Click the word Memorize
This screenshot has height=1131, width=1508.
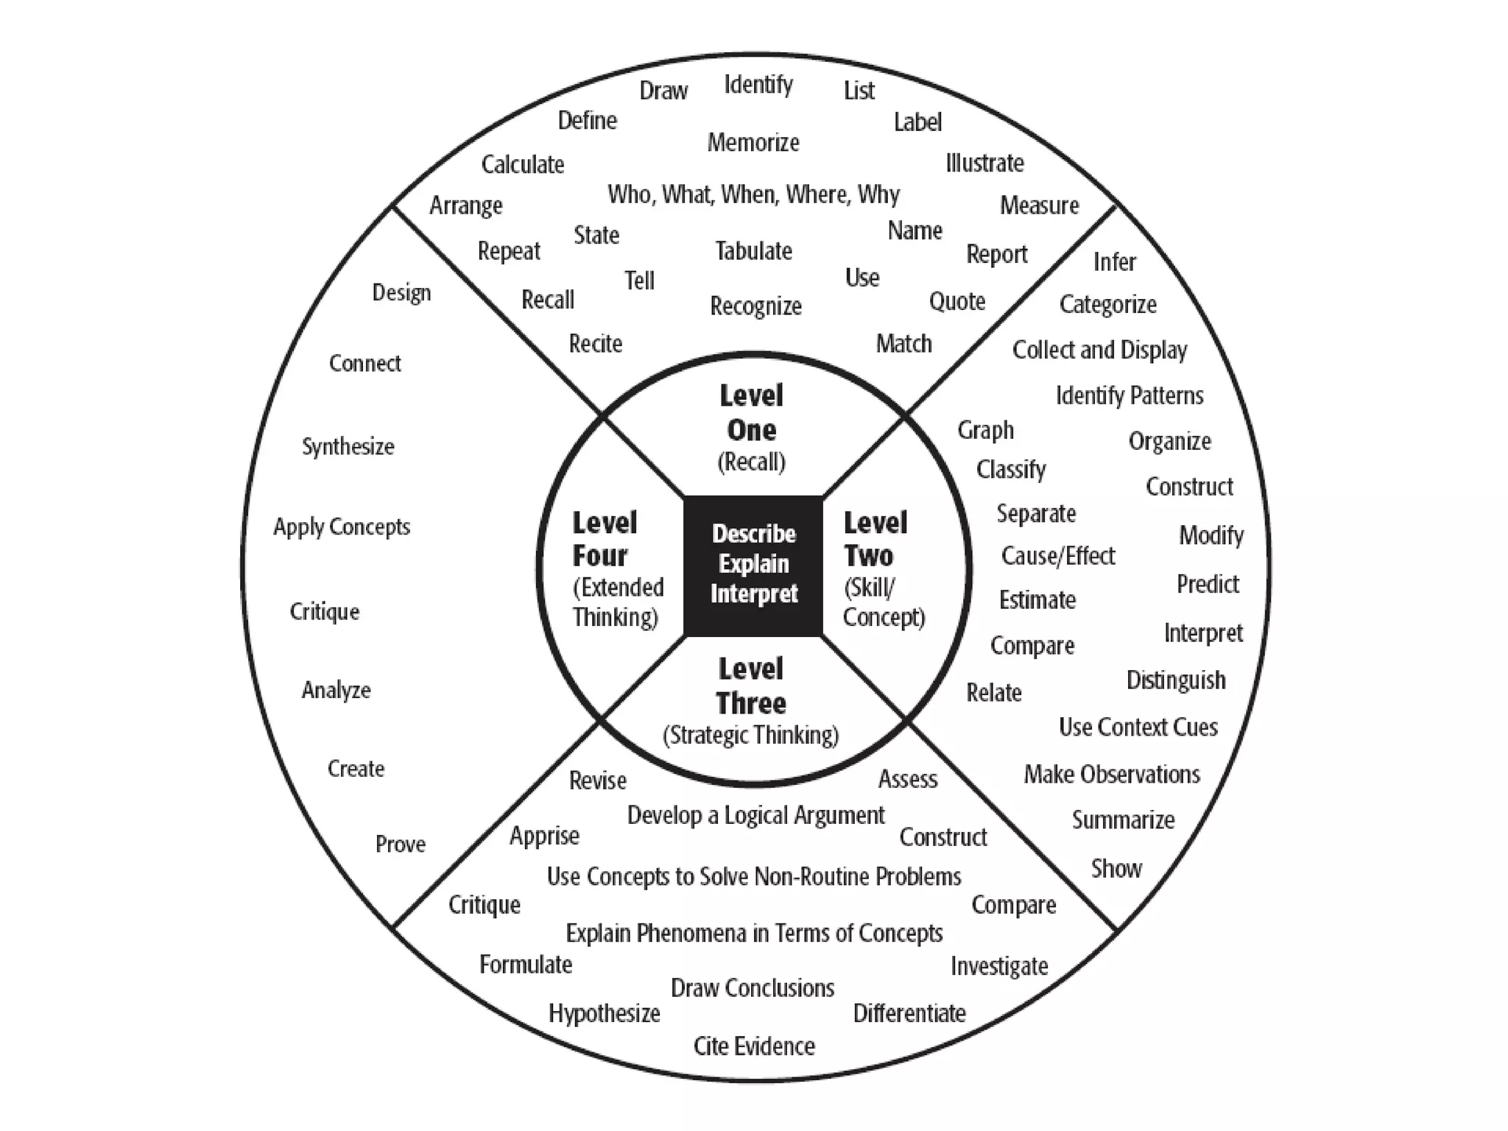coord(753,142)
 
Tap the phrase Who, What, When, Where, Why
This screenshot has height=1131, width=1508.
coord(753,194)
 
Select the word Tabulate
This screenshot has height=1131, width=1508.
coord(753,251)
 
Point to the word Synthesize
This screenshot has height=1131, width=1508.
coord(348,446)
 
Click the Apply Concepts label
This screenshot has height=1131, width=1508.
coord(342,527)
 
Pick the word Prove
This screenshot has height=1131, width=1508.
coord(401,844)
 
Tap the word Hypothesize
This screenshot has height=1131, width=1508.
coord(604,1014)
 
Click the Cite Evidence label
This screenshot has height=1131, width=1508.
coord(754,1046)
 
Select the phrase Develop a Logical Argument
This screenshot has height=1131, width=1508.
coord(755,816)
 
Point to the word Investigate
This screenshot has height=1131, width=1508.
coord(999,966)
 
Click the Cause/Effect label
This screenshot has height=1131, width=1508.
coord(1058,556)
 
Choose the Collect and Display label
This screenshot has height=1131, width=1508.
coord(1099,350)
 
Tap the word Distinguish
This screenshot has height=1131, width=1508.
coord(1176,680)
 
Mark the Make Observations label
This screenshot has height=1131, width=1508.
coord(1112,775)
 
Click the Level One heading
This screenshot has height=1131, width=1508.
coord(752,413)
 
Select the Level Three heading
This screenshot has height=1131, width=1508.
coord(751,686)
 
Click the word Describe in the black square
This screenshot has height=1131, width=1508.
coord(753,534)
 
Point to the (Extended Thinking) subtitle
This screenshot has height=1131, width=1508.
coord(617,602)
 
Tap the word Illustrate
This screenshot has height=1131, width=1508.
coord(984,163)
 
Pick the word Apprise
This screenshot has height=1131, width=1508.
coord(544,836)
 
